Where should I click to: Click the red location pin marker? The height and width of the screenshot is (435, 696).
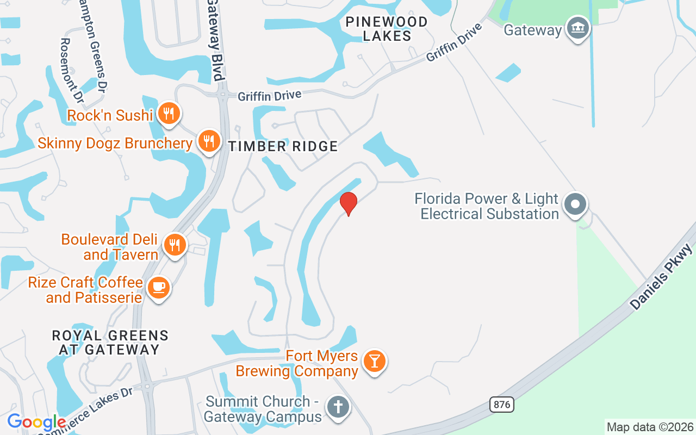[349, 203]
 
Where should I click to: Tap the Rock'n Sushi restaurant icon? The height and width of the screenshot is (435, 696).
[169, 114]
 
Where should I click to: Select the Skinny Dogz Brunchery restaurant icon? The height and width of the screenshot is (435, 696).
[209, 141]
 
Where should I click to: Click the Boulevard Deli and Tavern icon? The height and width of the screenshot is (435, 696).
[175, 245]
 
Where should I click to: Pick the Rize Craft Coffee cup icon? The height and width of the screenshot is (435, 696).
[159, 287]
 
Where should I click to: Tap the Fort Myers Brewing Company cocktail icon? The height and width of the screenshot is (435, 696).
[374, 361]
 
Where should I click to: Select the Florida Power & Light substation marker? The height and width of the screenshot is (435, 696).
[575, 205]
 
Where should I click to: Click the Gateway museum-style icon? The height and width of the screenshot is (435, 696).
[577, 28]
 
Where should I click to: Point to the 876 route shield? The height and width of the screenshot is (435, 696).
[501, 404]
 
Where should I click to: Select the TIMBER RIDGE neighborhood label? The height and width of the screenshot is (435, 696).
[283, 146]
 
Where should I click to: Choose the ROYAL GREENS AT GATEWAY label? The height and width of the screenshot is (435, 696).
[110, 343]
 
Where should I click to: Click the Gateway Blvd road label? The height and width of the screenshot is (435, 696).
[216, 40]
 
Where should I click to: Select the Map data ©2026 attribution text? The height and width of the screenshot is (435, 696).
[650, 427]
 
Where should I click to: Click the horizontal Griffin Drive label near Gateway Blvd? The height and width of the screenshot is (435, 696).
[269, 96]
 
